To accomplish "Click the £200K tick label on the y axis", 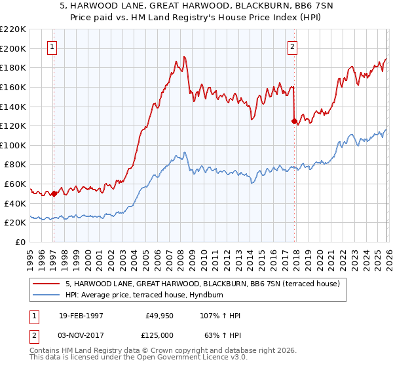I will (13, 48).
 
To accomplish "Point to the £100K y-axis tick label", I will (13, 145).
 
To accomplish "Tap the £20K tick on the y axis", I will (15, 223).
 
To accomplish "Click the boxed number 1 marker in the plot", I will (52, 46).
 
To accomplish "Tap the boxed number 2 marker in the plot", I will (291, 46).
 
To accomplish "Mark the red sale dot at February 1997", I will (54, 193).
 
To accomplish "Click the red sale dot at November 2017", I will (293, 121).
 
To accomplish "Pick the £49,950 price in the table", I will (159, 316).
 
